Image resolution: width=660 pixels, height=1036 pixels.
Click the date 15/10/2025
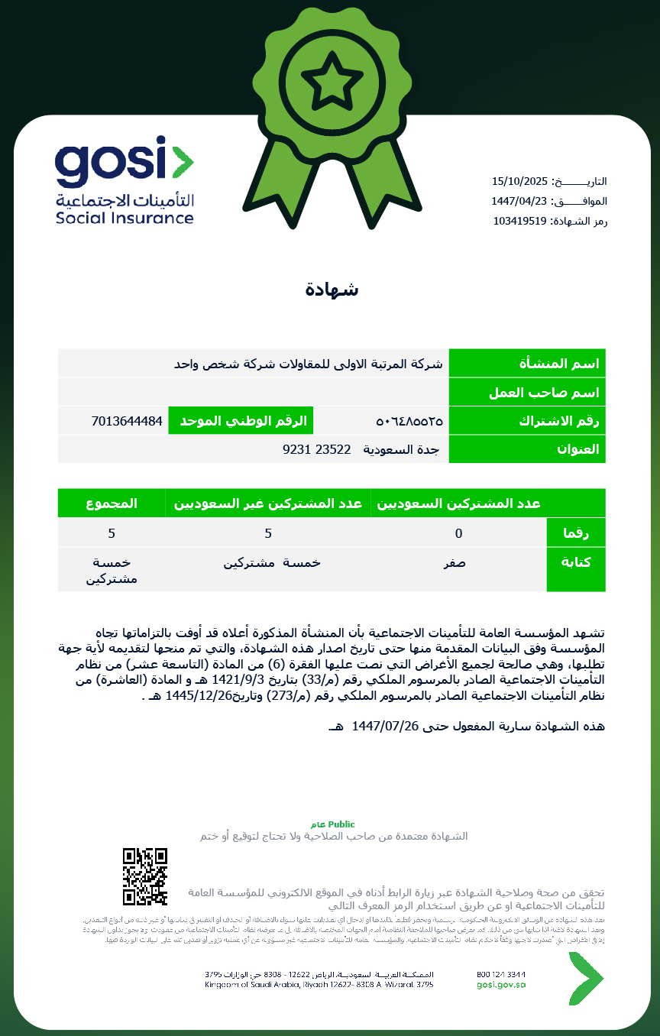[520, 181]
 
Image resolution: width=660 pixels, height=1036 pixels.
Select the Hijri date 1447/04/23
[520, 201]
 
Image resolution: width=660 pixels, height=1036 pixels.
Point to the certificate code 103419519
[519, 221]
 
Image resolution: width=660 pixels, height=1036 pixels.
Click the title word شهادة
[332, 290]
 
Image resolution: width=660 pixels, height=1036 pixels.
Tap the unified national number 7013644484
[126, 421]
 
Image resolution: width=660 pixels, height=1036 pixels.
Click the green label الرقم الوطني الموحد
[241, 421]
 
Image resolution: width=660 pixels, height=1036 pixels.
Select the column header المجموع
[112, 503]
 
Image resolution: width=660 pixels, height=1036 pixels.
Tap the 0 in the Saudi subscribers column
[458, 533]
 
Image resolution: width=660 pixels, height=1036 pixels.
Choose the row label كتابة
[577, 562]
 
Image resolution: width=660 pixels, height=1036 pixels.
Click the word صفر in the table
[455, 563]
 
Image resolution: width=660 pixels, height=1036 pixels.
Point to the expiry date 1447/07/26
[387, 725]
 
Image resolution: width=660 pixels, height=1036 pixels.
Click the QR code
[144, 876]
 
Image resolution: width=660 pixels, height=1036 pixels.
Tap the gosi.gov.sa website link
[500, 985]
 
